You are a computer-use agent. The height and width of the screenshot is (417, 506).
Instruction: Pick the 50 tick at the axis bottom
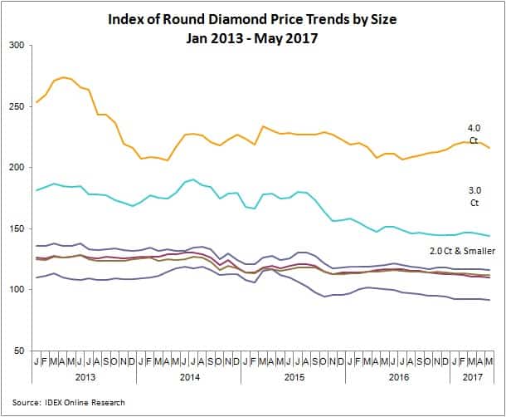19,351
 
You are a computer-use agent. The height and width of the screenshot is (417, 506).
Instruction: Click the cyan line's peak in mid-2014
192,179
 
